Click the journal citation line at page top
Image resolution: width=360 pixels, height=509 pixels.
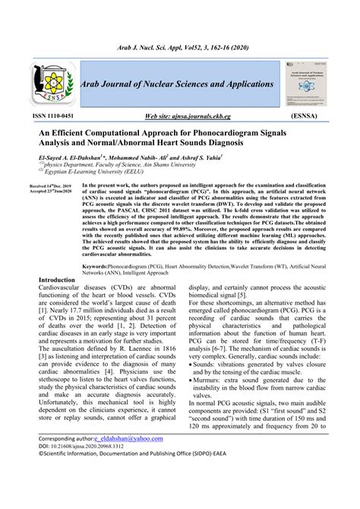(x=179, y=47)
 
